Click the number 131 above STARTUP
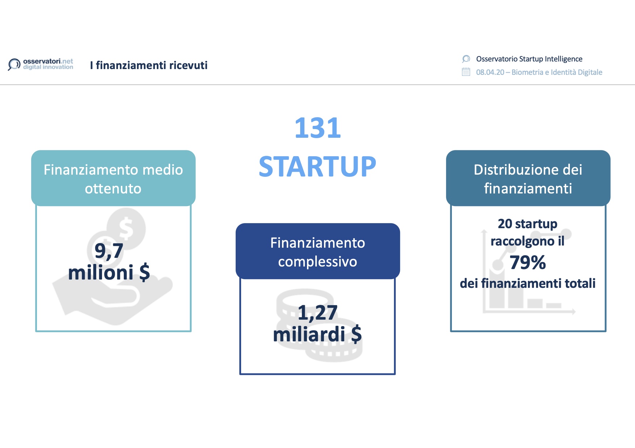pos(317,128)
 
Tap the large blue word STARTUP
pos(317,167)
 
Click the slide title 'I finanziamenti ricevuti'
pos(149,65)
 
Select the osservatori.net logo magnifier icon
pos(14,65)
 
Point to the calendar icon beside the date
pos(466,72)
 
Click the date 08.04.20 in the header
pos(490,72)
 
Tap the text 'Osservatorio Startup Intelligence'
pos(529,59)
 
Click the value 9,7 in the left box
pos(109,251)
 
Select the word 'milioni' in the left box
pos(101,273)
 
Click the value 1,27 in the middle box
pos(317,313)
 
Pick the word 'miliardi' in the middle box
pos(309,334)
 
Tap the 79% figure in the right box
pos(528,263)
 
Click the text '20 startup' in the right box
pos(528,224)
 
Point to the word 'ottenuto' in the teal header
pos(113,189)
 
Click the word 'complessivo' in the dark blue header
pos(317,262)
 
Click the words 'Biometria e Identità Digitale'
pos(557,72)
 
